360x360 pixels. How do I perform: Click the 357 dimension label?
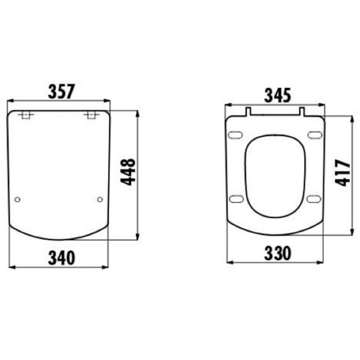pos(61,91)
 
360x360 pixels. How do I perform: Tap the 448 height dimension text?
pos(128,172)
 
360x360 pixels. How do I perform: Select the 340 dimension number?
pos(62,258)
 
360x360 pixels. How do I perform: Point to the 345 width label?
pos(278,95)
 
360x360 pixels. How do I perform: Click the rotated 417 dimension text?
pos(343,173)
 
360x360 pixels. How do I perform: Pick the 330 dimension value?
pos(278,253)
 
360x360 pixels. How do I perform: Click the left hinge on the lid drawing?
pos(26,115)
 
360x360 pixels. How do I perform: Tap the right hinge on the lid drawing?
pos(91,115)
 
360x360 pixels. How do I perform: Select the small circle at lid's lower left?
pos(17,199)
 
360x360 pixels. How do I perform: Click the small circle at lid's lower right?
pos(100,199)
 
